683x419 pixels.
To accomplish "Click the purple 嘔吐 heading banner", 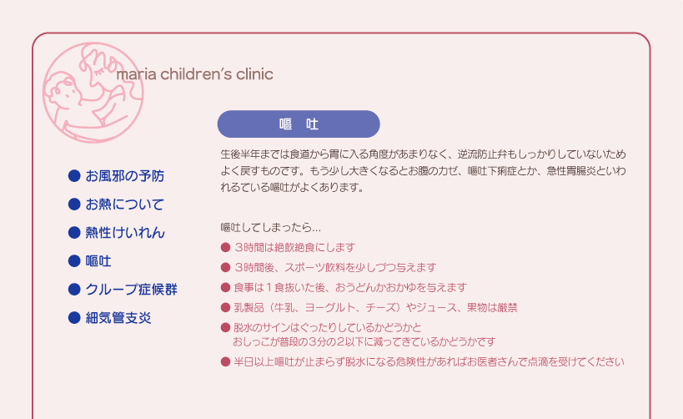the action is click(299, 124).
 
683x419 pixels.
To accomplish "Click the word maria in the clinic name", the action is click(136, 74).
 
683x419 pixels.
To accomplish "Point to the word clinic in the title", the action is click(255, 74).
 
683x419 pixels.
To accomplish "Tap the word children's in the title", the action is click(196, 74).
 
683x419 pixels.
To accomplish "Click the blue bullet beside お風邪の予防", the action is click(74, 176).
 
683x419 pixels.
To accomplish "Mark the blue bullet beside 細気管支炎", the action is click(74, 318).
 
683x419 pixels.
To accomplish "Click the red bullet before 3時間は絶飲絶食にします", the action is click(225, 248).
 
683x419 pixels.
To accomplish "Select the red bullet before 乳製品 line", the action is click(225, 308).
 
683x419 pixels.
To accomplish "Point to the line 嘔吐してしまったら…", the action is click(270, 228).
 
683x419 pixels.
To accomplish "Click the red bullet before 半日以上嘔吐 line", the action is click(225, 362).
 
